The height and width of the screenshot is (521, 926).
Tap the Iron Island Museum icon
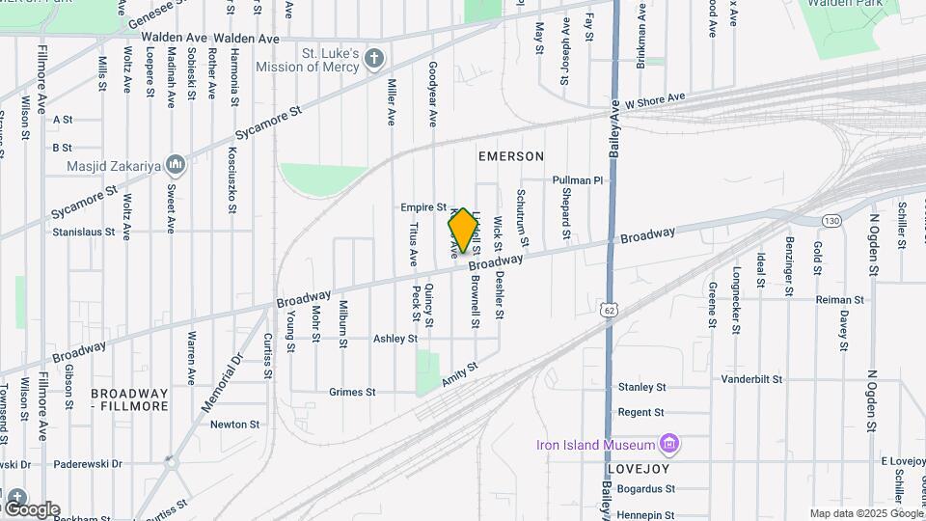click(668, 445)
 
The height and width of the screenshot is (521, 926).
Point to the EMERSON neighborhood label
click(511, 156)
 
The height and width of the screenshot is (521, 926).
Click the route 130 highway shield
click(831, 222)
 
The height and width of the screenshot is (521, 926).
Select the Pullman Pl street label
click(577, 180)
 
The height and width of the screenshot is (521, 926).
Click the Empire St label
click(424, 207)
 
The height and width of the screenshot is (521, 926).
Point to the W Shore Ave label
click(655, 99)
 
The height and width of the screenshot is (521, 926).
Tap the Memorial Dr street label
click(223, 384)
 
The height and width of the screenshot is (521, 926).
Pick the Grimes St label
click(352, 393)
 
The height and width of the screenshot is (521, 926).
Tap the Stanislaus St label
click(84, 233)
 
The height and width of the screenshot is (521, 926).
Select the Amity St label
click(460, 376)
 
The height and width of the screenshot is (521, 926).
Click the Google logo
click(32, 508)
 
